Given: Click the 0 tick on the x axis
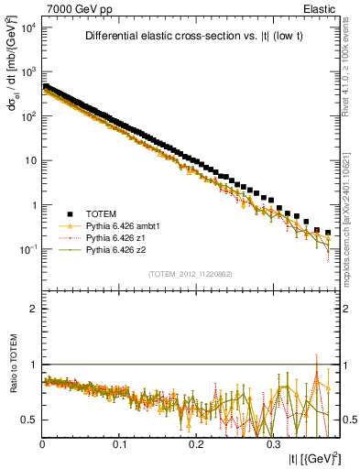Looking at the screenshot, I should (42, 443).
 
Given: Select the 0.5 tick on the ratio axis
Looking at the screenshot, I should (29, 420).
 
